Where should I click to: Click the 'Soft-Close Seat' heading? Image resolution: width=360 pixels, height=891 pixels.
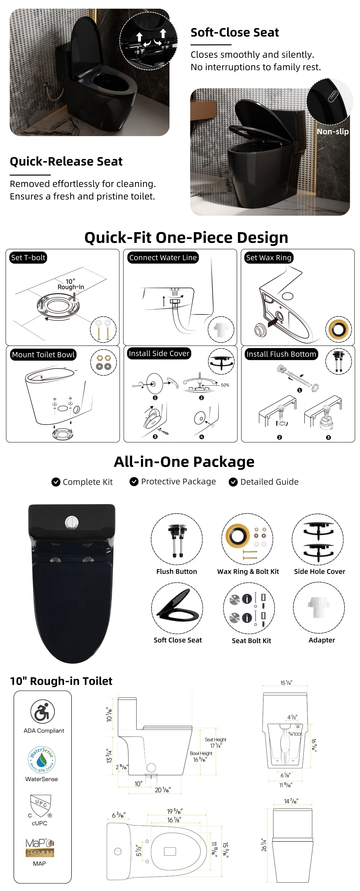click(235, 32)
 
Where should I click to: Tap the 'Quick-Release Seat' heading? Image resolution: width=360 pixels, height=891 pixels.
click(66, 161)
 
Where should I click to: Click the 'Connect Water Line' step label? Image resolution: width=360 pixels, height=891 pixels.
click(163, 258)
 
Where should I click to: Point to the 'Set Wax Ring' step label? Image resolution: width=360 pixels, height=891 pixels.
click(269, 258)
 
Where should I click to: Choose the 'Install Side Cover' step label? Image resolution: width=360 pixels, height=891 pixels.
click(159, 353)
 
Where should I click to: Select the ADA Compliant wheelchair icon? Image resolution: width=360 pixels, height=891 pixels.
click(42, 712)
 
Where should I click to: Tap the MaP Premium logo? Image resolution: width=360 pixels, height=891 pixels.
click(40, 848)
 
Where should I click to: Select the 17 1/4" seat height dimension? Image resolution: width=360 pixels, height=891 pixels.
click(216, 746)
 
